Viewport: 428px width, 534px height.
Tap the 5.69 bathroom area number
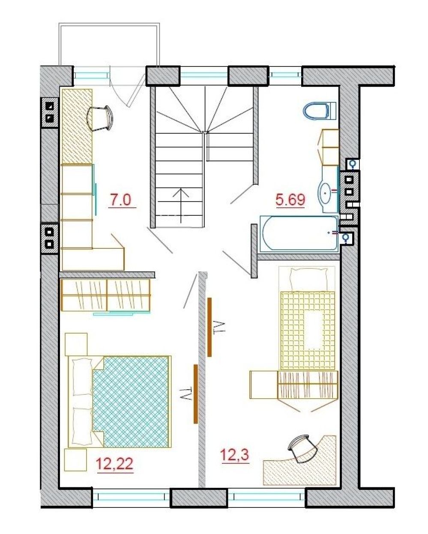pos(290,200)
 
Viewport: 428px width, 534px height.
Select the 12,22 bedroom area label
pos(115,463)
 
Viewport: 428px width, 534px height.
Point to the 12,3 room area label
pos(234,454)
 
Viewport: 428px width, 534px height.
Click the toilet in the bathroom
pos(320,110)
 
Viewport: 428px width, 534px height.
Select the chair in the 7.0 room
pos(100,118)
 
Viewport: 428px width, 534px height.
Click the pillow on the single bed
pos(308,279)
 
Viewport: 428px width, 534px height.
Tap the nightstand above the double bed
pos(76,344)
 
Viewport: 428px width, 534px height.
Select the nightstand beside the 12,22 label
pos(75,459)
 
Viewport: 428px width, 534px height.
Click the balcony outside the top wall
pos(109,45)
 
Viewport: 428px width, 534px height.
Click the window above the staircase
pos(204,76)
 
